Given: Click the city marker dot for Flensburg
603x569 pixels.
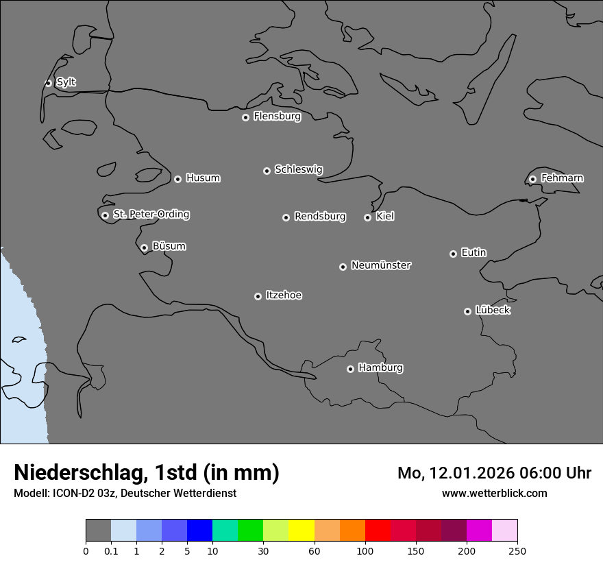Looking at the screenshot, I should point(245,117).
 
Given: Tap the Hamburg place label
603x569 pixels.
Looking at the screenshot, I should point(380,367).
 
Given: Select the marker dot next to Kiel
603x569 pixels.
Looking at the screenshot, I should point(367,217).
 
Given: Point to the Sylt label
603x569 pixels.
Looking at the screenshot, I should point(66,82).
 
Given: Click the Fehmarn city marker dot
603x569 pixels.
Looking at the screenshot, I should point(532,179).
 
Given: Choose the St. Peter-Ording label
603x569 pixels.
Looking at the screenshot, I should point(151,214).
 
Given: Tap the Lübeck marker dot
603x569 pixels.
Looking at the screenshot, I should point(467,311).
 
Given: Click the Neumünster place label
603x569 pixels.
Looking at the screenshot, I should point(381,265).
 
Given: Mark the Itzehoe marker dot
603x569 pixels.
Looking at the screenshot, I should point(258,296).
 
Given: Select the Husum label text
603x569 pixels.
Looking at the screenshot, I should point(203,178).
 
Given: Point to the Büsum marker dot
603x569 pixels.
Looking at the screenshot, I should point(144,247).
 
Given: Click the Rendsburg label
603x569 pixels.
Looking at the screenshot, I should point(320,217).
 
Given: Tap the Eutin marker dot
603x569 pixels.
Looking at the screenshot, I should point(453,254).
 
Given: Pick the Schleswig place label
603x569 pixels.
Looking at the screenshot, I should point(299,169).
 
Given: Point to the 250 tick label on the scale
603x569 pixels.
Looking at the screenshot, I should point(517,550).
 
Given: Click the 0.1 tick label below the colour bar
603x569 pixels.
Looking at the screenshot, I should point(111,550).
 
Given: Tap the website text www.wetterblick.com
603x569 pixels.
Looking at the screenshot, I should point(494,493).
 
